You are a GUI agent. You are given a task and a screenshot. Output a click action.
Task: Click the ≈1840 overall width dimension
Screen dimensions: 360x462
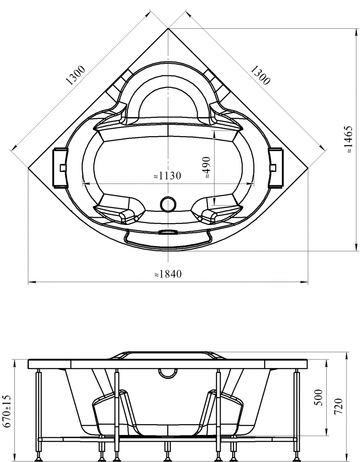pos(168,274)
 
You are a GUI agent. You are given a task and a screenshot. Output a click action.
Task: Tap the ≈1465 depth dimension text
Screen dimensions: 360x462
pos(349,139)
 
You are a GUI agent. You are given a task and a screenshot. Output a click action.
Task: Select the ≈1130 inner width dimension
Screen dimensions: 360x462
pos(167,176)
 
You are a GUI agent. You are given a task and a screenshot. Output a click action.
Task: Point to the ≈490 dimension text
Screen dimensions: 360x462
pos(207,167)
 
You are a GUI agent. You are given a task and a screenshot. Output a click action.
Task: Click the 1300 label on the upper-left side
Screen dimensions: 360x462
pos(76,75)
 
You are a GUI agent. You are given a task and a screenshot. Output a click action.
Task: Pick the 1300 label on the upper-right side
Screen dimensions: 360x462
pos(260,75)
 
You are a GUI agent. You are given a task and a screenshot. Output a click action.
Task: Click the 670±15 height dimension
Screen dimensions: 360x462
pos(7,412)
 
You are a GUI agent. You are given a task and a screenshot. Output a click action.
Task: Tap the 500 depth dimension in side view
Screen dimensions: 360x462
pos(319,398)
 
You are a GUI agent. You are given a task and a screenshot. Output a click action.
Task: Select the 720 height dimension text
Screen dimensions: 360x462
pos(339,406)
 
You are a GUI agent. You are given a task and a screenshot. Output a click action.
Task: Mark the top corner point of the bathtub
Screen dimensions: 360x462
pos(168,29)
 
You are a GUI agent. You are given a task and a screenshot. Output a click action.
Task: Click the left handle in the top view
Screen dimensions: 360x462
pos(60,168)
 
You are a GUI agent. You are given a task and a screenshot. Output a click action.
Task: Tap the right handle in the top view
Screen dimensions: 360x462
pos(276,168)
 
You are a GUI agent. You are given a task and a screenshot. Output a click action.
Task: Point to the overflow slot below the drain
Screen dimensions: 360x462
pos(168,232)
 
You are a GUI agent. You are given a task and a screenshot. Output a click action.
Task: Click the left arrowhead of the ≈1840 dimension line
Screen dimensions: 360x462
pos(32,282)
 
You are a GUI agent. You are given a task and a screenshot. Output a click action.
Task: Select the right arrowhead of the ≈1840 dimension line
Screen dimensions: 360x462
pos(304,282)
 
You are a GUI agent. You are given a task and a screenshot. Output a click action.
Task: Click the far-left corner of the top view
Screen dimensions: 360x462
pos(28,168)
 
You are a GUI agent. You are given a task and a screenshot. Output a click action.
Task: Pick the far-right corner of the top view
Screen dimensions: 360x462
pos(308,168)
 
